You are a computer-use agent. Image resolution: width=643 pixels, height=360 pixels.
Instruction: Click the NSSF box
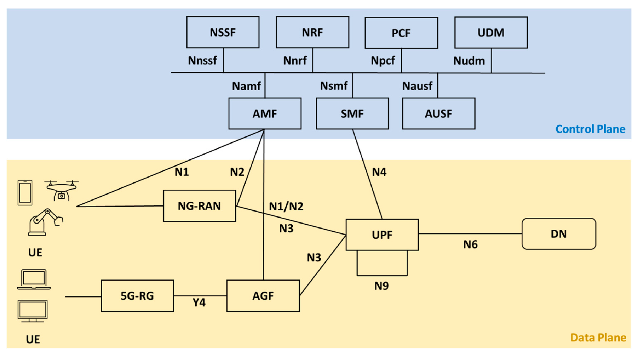point(223,32)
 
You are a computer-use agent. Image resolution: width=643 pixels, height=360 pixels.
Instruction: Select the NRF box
point(313,32)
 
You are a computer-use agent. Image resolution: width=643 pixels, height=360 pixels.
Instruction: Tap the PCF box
point(401,33)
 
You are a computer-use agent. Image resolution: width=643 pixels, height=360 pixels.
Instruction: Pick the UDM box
point(491,32)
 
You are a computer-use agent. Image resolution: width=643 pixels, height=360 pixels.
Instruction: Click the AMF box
point(265,114)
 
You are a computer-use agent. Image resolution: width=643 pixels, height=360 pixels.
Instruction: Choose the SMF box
point(353,114)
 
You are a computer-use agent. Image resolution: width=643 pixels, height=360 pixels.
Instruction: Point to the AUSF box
point(439,114)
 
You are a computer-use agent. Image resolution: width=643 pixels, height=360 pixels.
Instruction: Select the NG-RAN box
point(199,206)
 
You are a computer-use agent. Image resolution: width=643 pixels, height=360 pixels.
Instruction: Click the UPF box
point(382,235)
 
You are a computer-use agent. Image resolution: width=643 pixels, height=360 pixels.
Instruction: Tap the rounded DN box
point(559,234)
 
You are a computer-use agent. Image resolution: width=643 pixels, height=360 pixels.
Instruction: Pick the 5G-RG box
point(138,296)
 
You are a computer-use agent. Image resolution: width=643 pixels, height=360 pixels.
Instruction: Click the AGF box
point(263,296)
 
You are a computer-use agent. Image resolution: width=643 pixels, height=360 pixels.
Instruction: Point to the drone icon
point(61,190)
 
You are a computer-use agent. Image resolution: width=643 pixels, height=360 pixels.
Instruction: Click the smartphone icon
point(25,192)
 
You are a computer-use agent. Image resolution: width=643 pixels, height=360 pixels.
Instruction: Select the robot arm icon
point(45,222)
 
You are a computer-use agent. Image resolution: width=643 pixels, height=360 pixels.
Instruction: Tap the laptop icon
point(34,279)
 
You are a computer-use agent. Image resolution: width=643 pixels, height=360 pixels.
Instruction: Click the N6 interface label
point(470,245)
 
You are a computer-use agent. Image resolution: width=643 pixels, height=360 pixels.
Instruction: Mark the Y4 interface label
point(199,302)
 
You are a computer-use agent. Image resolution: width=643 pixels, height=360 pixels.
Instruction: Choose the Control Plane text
point(591,129)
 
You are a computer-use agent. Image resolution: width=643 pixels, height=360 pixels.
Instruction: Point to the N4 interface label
point(379,172)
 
